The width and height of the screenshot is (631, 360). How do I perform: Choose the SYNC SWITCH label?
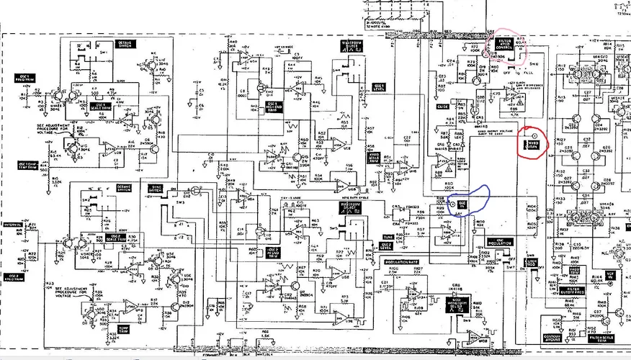(x=154, y=189)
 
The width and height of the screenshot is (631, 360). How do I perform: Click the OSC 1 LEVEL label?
(x=378, y=86)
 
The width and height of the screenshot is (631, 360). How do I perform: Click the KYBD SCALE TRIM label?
(x=373, y=156)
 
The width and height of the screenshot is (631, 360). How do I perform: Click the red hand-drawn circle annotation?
(x=534, y=143)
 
